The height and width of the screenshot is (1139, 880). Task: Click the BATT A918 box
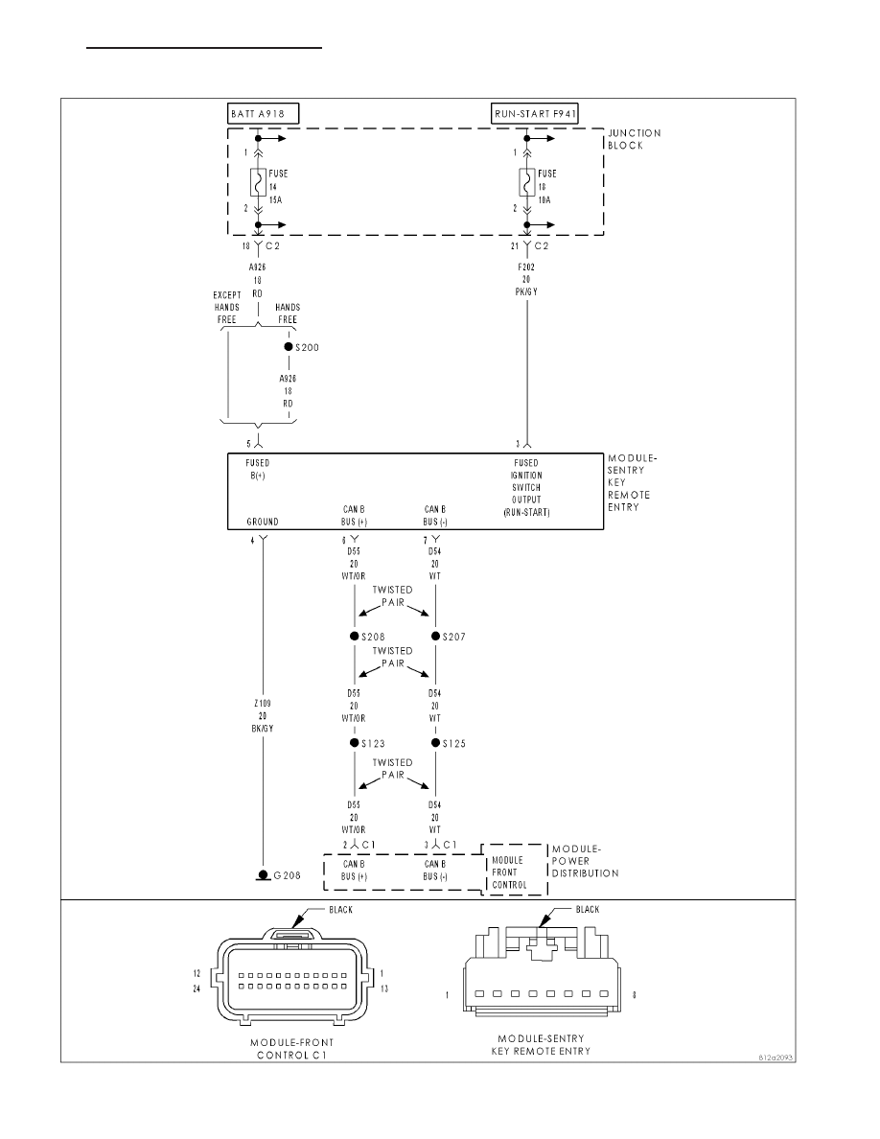tap(263, 114)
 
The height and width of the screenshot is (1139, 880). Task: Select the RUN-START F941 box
tap(535, 114)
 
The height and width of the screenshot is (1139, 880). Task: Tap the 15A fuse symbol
tap(257, 183)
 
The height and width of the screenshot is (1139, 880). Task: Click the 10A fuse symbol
tap(526, 183)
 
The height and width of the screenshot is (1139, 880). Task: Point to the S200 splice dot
tap(289, 347)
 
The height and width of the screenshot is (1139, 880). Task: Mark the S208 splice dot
tap(355, 637)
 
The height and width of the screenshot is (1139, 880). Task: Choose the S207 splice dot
tap(435, 637)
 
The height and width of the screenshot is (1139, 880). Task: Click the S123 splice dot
tap(355, 743)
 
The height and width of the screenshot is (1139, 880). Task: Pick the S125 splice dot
tap(435, 743)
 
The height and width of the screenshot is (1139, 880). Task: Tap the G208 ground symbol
tap(263, 877)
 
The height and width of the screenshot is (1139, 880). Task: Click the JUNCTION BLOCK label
tap(635, 139)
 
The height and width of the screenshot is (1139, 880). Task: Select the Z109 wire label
tap(263, 715)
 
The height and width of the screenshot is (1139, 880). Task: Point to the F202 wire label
tap(526, 280)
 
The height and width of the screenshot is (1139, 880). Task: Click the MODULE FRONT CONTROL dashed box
tap(515, 870)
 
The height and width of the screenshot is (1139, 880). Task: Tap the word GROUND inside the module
tap(263, 522)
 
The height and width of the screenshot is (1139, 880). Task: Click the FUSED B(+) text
tap(257, 469)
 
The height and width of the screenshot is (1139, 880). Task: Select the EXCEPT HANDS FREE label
tap(227, 307)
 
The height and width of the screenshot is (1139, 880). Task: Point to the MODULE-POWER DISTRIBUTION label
tap(585, 861)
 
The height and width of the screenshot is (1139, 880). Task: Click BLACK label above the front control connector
tap(340, 910)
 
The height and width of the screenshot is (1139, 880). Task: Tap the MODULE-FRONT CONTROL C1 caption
tap(291, 1049)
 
